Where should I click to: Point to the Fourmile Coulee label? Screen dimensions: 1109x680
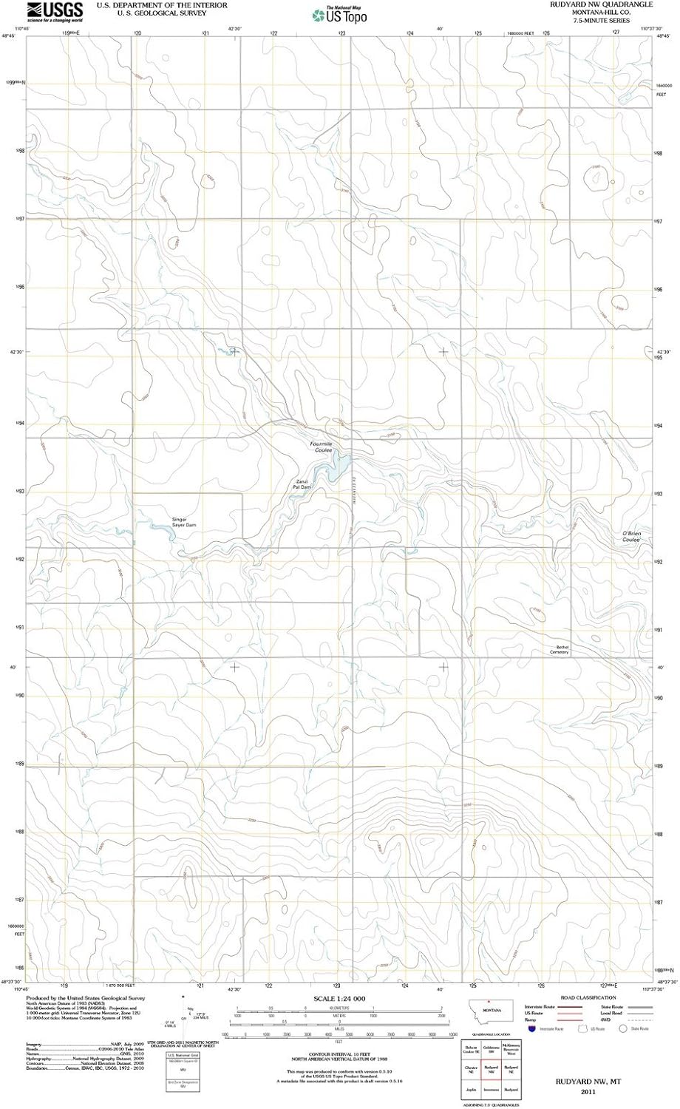(x=322, y=447)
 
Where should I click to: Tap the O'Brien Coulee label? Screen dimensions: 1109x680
(x=630, y=537)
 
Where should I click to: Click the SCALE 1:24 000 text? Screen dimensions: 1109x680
(x=339, y=998)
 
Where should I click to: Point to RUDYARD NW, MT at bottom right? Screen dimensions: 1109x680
(x=588, y=1081)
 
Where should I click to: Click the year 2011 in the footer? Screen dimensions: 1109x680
(x=588, y=1091)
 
